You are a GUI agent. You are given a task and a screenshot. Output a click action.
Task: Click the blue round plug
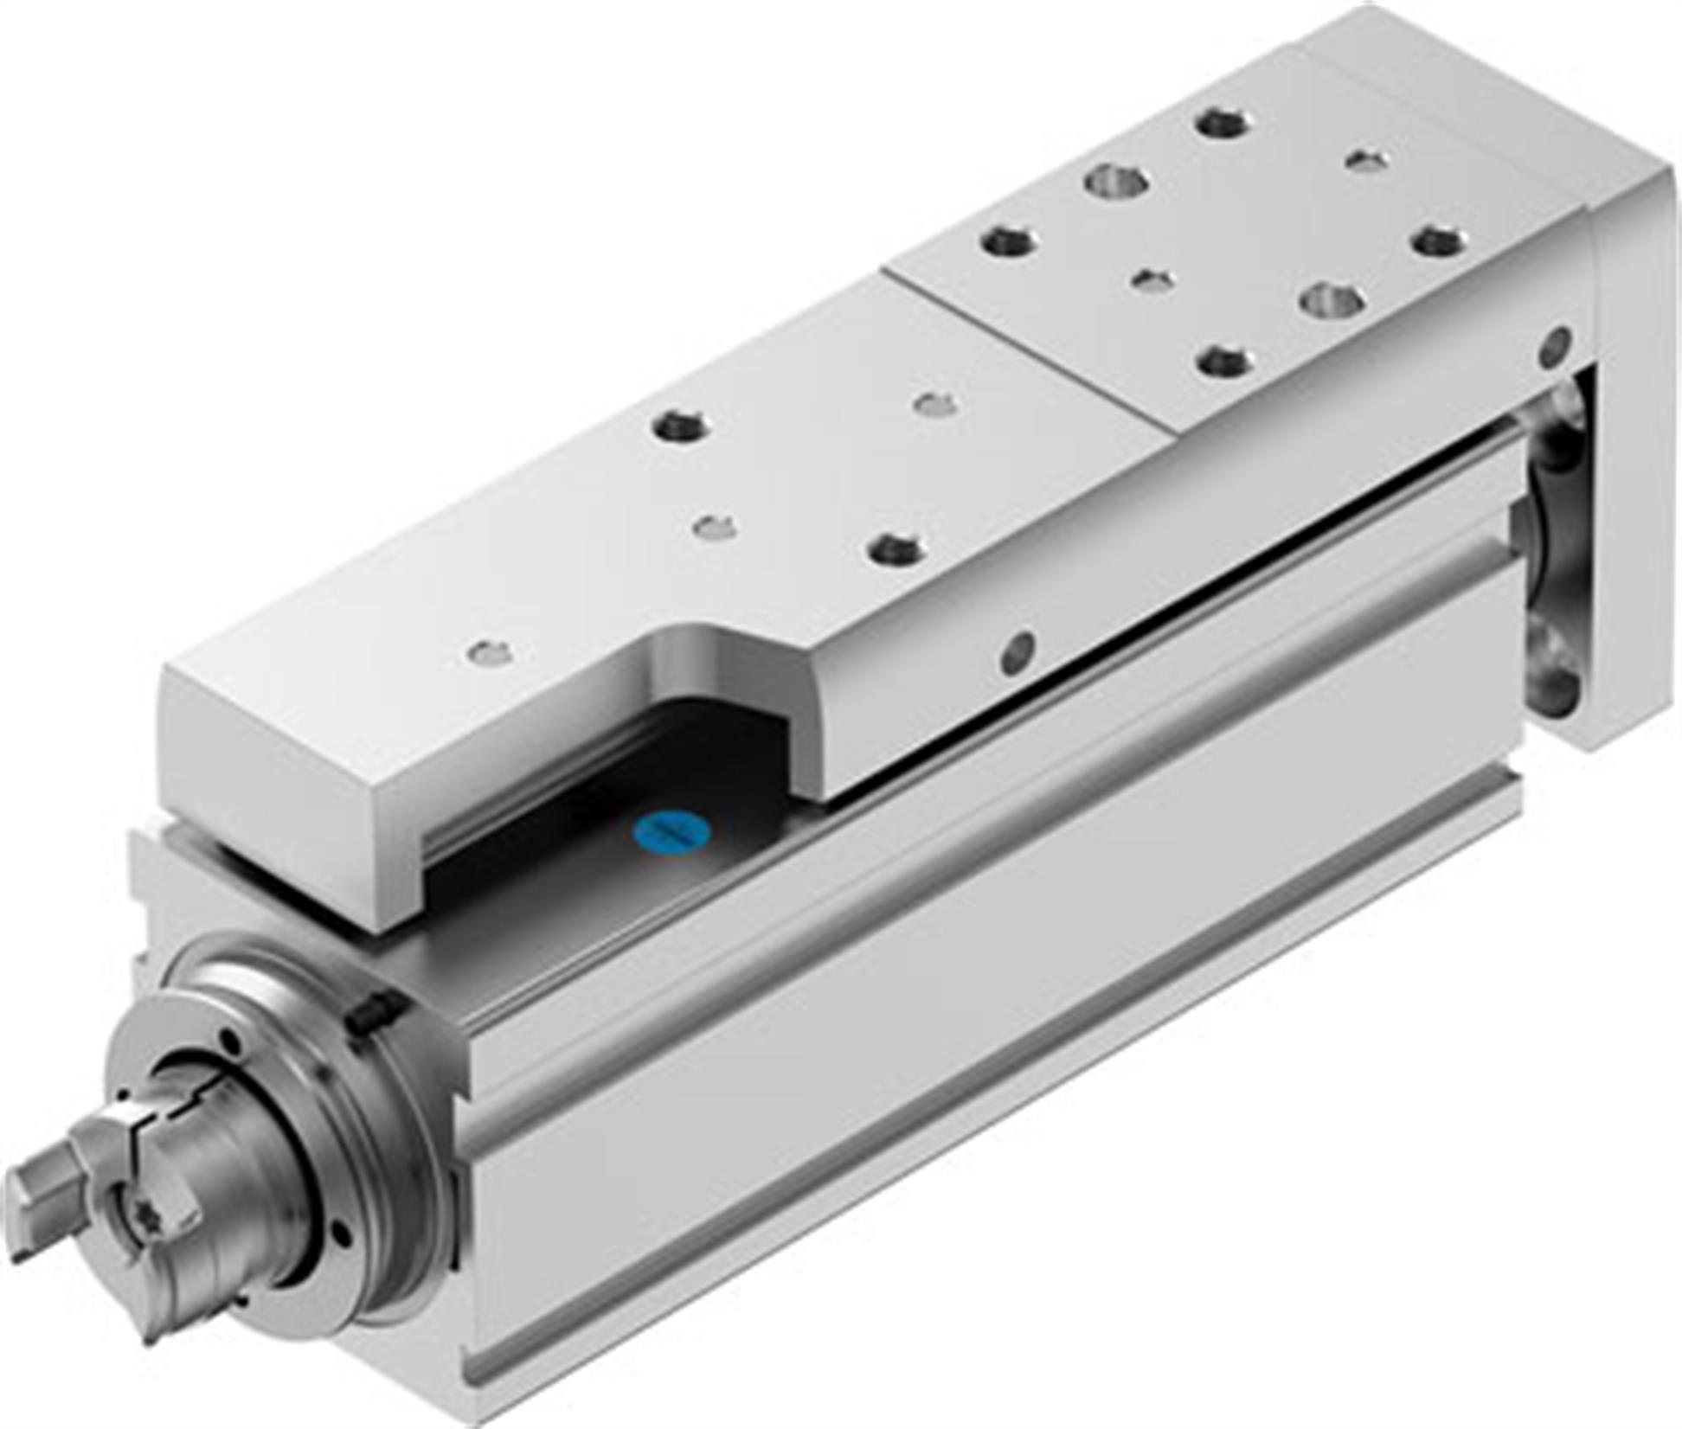(673, 832)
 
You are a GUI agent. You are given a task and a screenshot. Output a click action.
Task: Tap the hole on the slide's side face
(1018, 653)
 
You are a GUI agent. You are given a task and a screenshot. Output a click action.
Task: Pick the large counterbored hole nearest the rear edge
(1119, 183)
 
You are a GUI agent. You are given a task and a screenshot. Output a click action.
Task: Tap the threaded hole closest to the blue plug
(896, 548)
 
